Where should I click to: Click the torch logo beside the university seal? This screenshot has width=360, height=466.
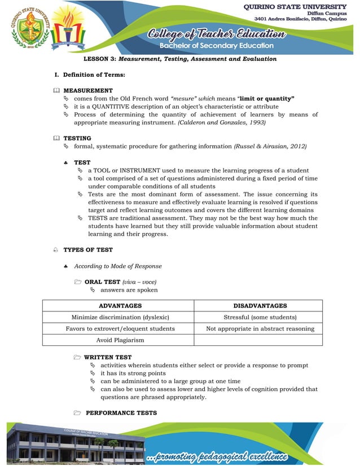pos(68,28)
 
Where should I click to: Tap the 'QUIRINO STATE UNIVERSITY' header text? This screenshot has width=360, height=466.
pos(295,6)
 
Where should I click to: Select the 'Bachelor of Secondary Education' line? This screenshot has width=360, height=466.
pos(216,45)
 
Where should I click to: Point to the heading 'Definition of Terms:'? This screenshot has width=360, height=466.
pos(94,74)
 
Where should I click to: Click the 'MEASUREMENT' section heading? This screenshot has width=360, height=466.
pos(88,90)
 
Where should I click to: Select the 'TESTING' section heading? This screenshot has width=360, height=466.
pos(77,138)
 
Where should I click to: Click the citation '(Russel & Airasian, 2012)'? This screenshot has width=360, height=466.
pos(270,146)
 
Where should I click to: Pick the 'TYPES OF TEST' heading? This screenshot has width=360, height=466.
pos(88,249)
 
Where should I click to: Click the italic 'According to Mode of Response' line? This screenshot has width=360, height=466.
pos(117,266)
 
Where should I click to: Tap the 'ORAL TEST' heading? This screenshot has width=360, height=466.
pos(103,282)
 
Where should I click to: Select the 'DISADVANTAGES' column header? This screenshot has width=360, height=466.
pos(260,306)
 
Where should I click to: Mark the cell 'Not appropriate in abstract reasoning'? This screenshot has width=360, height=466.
pos(260,328)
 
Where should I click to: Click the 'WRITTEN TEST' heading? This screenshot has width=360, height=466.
pos(108,357)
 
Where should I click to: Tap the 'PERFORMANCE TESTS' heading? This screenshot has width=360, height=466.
pos(117,413)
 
